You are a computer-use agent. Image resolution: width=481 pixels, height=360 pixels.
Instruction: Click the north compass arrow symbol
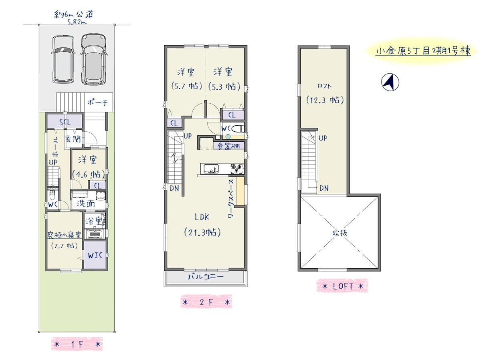390,82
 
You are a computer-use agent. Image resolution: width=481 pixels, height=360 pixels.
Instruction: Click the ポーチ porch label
97,103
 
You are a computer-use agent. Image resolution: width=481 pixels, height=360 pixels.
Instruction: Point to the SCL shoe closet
65,121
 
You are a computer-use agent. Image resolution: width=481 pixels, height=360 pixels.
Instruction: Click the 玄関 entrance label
73,139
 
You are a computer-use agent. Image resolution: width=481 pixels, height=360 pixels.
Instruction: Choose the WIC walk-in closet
95,255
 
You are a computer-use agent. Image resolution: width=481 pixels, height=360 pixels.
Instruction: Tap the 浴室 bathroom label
93,221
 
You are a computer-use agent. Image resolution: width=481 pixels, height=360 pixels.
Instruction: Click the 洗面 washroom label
85,203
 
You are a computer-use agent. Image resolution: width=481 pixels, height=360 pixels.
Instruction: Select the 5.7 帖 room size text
186,86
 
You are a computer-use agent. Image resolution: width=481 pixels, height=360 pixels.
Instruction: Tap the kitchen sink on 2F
211,169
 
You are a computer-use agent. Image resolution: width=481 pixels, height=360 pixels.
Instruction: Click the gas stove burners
237,169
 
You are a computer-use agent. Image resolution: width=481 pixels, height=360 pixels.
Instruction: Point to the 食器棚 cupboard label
228,146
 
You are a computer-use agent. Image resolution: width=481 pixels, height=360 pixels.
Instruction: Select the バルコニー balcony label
206,277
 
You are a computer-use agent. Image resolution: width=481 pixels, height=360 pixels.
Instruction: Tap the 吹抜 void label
340,233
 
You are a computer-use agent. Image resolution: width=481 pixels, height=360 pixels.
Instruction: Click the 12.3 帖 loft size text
325,100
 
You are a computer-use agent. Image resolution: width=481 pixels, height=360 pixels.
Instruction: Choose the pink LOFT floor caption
342,286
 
